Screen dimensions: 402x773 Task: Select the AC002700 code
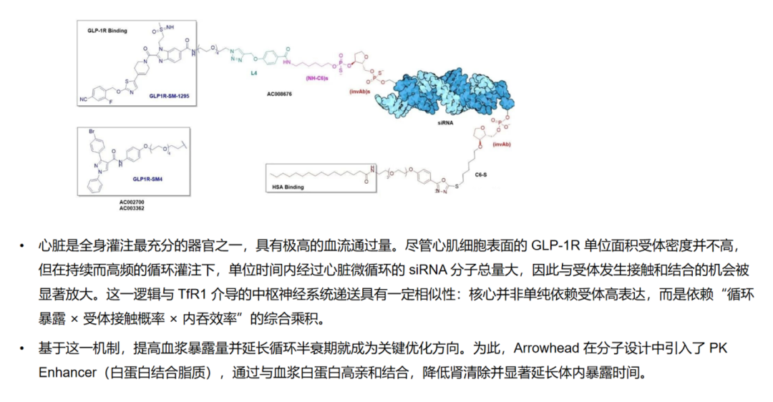[132, 203]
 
